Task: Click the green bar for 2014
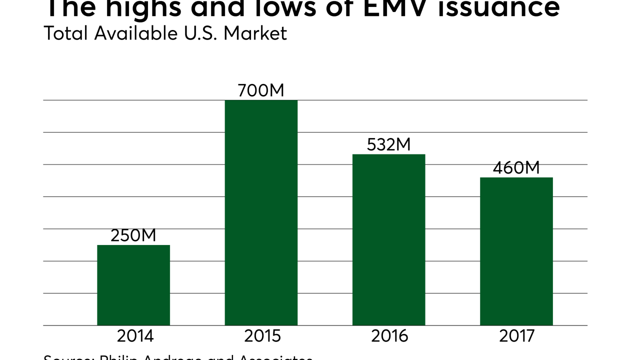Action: click(x=133, y=285)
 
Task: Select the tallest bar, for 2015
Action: click(x=261, y=212)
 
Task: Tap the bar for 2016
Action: click(x=388, y=239)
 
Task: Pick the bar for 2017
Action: click(x=516, y=251)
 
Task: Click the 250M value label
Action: click(x=133, y=235)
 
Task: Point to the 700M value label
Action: click(x=261, y=90)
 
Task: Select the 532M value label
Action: click(x=388, y=144)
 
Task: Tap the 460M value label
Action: click(x=516, y=168)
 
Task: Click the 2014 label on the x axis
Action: click(x=135, y=336)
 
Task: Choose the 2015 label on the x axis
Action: click(x=263, y=336)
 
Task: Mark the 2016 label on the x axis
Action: click(x=390, y=336)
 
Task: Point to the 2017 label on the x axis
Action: click(x=517, y=336)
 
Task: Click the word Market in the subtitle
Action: click(x=255, y=33)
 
